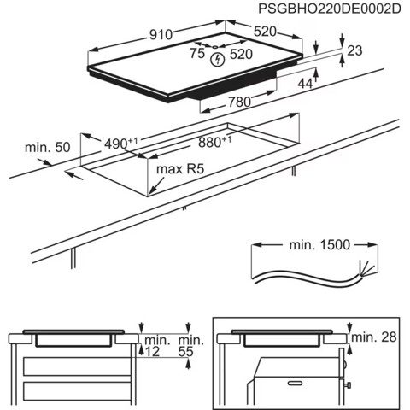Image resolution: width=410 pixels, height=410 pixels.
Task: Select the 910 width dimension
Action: click(x=160, y=34)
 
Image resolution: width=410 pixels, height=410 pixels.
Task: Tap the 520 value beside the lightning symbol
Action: click(x=240, y=53)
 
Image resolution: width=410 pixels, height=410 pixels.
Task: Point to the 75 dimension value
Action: click(x=197, y=53)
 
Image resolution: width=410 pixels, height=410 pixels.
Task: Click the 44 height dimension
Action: click(x=305, y=83)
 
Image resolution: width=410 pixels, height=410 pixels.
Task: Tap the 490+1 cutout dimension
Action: click(x=120, y=143)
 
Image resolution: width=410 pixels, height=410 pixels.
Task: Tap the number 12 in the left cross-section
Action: click(x=152, y=351)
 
